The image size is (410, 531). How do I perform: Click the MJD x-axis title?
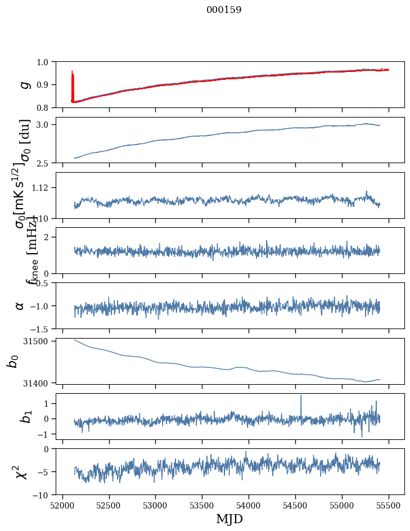(x=229, y=519)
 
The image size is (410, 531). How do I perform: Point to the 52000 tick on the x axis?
(x=62, y=505)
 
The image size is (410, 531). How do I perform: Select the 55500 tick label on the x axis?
(x=389, y=505)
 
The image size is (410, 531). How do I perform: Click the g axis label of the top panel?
(x=24, y=84)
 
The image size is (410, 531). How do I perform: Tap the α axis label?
(x=20, y=305)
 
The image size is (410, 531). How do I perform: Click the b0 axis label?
(x=12, y=361)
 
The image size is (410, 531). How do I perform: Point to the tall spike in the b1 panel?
(x=301, y=397)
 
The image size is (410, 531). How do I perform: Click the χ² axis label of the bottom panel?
(x=21, y=472)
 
